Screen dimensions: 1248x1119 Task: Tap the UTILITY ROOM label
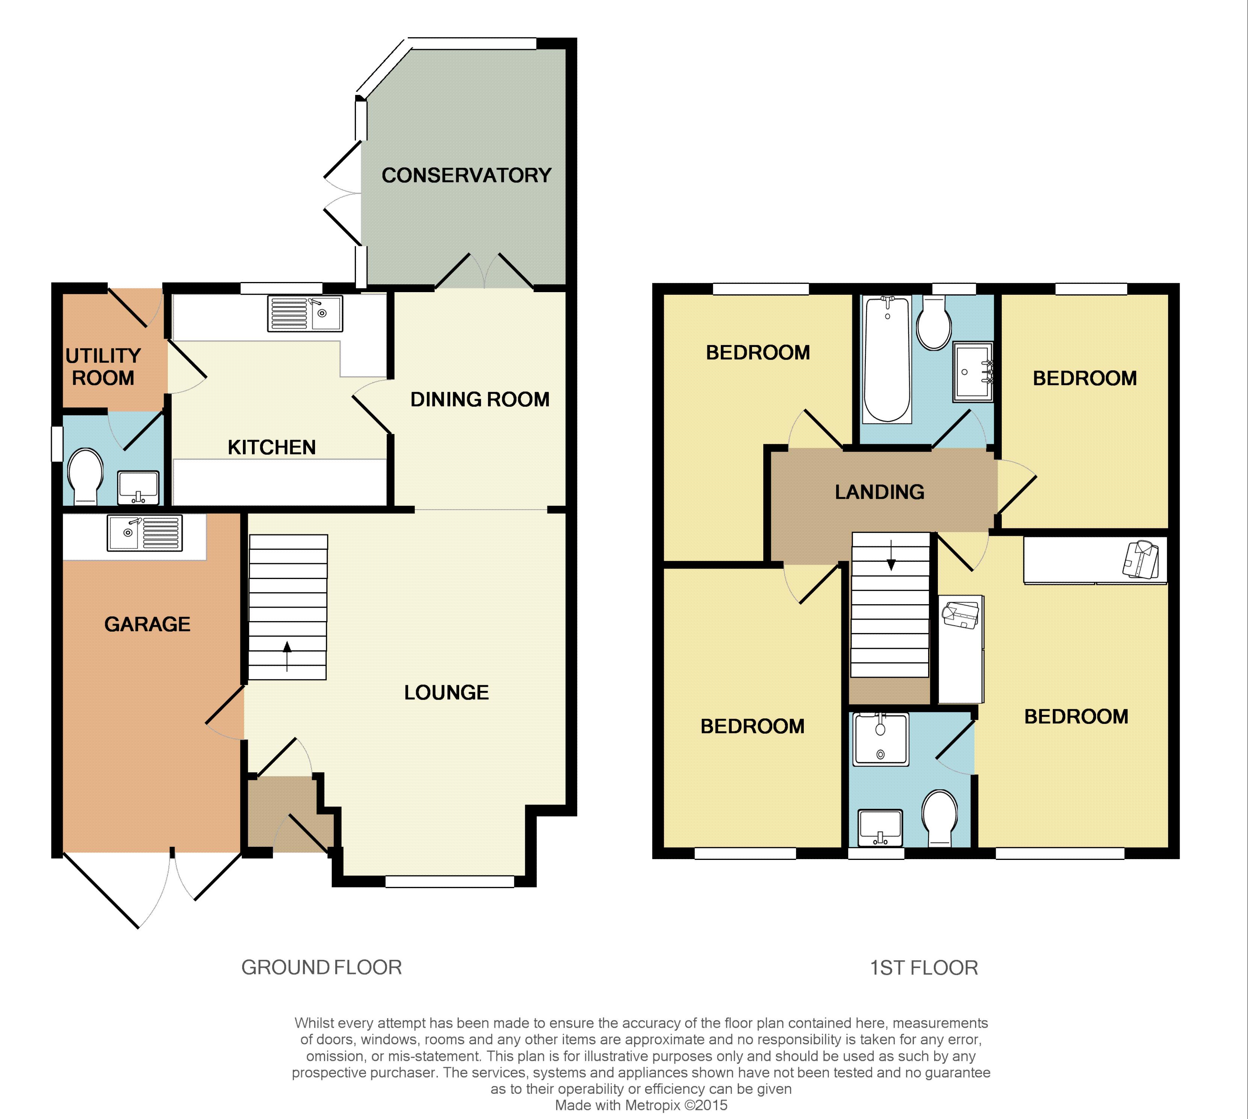pyautogui.click(x=103, y=366)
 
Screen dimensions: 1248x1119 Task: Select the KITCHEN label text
pyautogui.click(x=272, y=447)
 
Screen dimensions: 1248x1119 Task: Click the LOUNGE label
pyautogui.click(x=446, y=692)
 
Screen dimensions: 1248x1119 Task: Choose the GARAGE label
pyautogui.click(x=148, y=624)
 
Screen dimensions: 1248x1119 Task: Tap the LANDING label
pyautogui.click(x=880, y=492)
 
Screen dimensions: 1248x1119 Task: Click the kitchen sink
pyautogui.click(x=305, y=314)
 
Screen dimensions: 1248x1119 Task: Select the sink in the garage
pyautogui.click(x=145, y=532)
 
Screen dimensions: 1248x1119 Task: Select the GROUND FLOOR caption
pyautogui.click(x=321, y=967)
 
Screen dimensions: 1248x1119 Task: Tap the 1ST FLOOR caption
pyautogui.click(x=923, y=968)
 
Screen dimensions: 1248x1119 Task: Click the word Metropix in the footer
pyautogui.click(x=652, y=1105)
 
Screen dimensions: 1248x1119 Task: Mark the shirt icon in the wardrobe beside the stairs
pyautogui.click(x=961, y=615)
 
